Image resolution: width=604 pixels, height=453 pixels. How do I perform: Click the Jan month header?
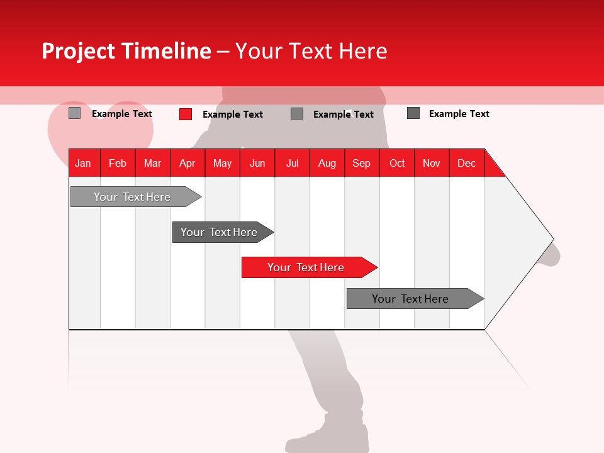coord(83,163)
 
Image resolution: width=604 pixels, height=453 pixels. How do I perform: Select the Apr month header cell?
coord(187,163)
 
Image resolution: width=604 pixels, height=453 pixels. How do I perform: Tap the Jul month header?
coord(292,163)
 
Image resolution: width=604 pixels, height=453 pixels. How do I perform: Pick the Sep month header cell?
coord(361,163)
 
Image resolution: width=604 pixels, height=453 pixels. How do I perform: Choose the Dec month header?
coord(466,163)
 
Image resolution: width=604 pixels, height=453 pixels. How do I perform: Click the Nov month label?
coord(431,163)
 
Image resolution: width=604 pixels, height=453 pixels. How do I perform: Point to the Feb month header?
coord(118,163)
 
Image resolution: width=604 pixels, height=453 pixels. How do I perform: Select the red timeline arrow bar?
coord(306,267)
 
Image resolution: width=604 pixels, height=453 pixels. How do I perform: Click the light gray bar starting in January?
coord(132,197)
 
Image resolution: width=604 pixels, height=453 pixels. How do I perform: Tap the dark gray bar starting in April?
coord(219,232)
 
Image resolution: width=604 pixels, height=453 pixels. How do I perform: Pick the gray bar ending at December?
coord(410,299)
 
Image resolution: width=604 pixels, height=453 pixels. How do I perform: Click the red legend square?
coord(186,114)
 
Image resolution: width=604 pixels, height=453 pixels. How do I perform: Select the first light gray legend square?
coord(74,113)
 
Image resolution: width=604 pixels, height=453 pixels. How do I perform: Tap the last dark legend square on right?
coord(413,113)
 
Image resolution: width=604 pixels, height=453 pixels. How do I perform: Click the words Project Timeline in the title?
coord(126,51)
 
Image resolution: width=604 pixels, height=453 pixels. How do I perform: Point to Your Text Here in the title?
coord(311,51)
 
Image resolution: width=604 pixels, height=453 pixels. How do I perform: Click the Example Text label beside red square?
coord(232,115)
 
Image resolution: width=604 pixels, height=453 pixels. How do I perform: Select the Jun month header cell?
coord(257,163)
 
